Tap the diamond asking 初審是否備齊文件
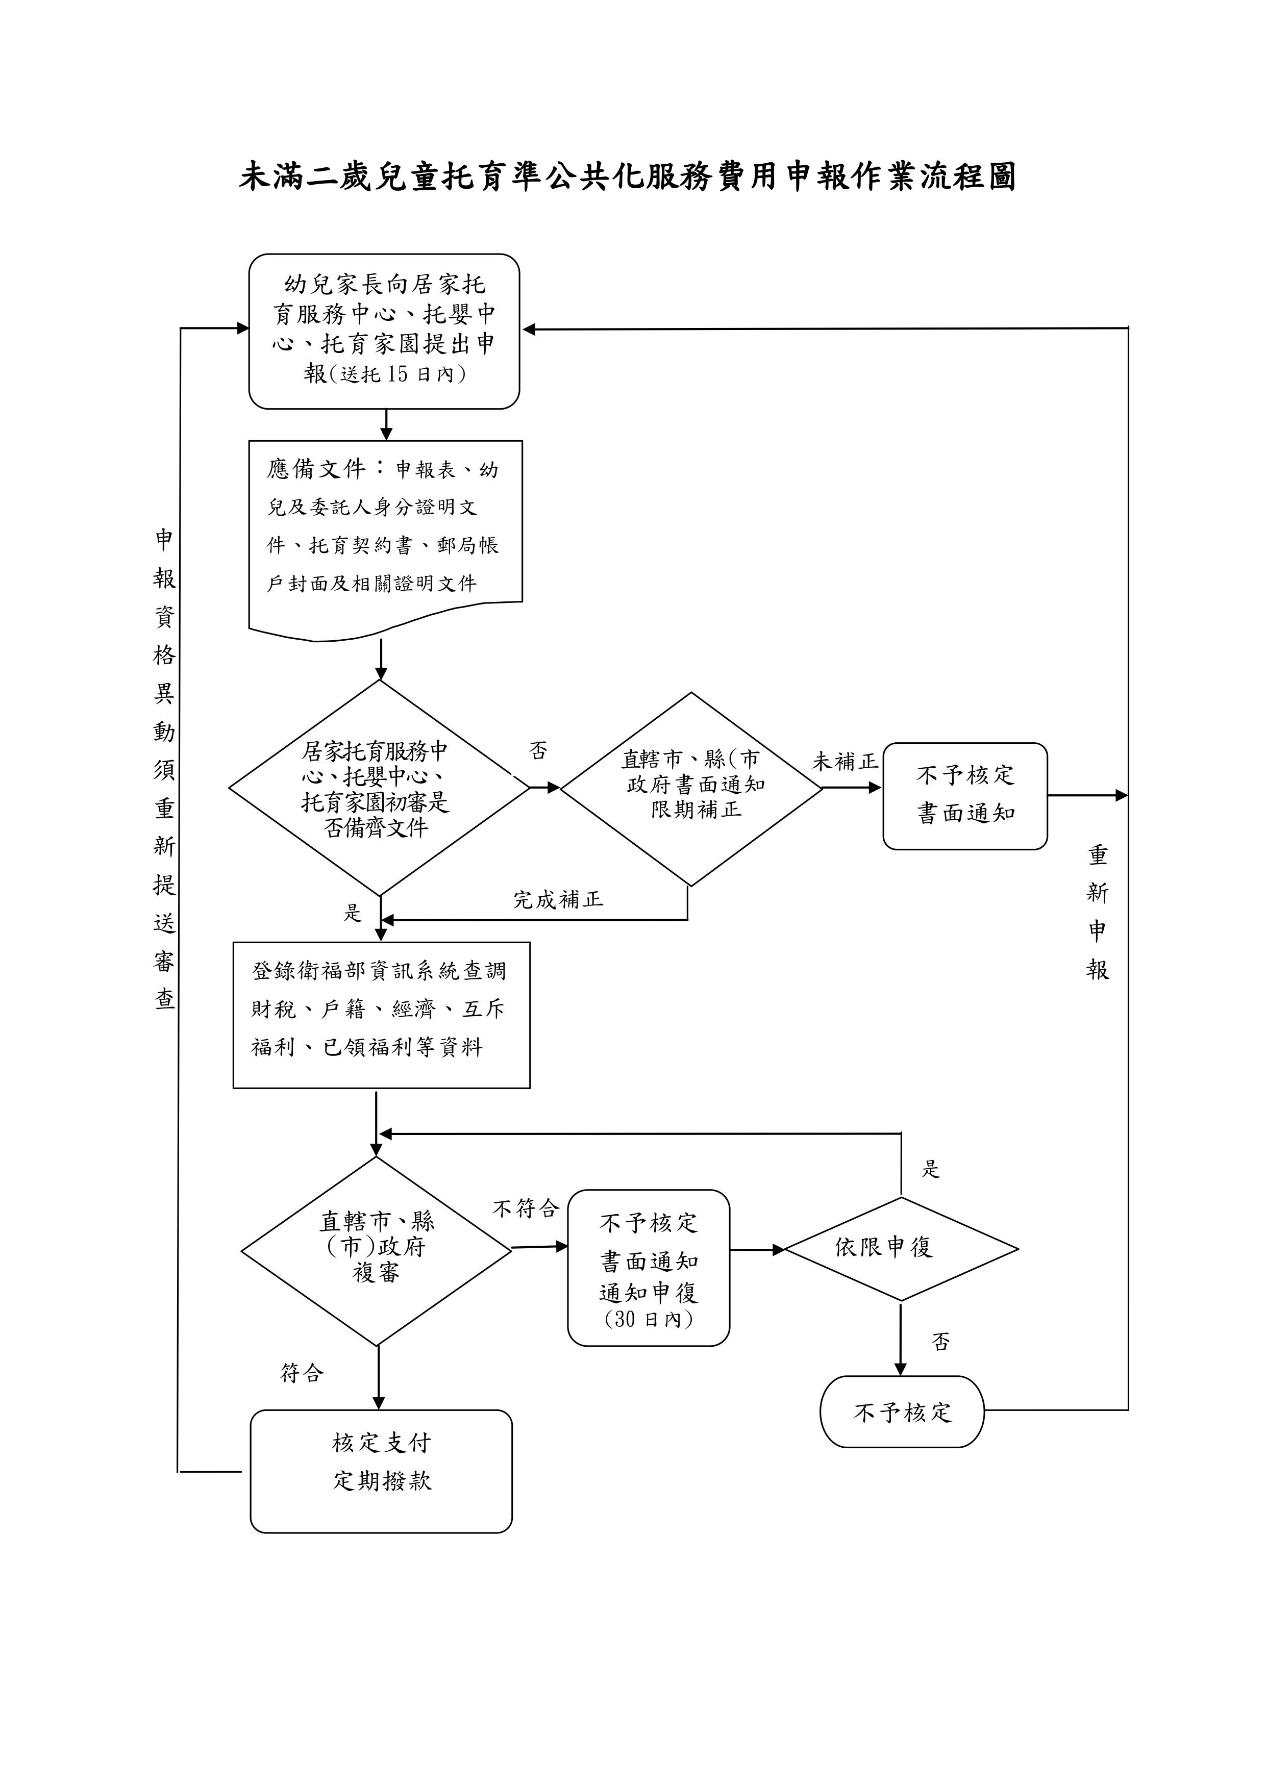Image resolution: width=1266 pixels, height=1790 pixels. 378,788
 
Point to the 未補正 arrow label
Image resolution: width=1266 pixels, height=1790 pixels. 845,762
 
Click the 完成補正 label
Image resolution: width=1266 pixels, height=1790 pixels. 558,900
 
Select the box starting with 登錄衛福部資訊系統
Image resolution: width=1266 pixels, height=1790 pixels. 382,1014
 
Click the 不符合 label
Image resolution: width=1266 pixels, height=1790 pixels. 526,1209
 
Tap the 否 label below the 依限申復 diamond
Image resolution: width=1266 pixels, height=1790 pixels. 941,1341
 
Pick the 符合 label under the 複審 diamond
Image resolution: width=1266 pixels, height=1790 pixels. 302,1372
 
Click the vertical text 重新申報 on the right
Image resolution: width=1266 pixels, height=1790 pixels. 1098,912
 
